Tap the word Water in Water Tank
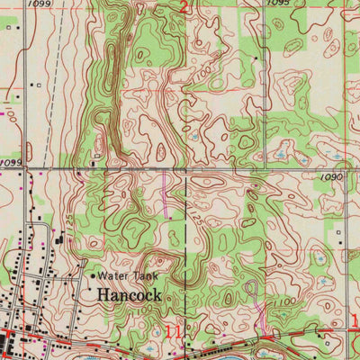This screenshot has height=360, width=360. (114, 276)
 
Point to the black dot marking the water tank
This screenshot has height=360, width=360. (92, 275)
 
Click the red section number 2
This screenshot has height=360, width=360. (184, 8)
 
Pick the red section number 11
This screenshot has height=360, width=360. (173, 333)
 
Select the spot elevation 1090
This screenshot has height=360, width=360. (331, 178)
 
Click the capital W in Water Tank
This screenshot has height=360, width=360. (103, 276)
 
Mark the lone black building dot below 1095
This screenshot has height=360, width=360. (256, 59)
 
